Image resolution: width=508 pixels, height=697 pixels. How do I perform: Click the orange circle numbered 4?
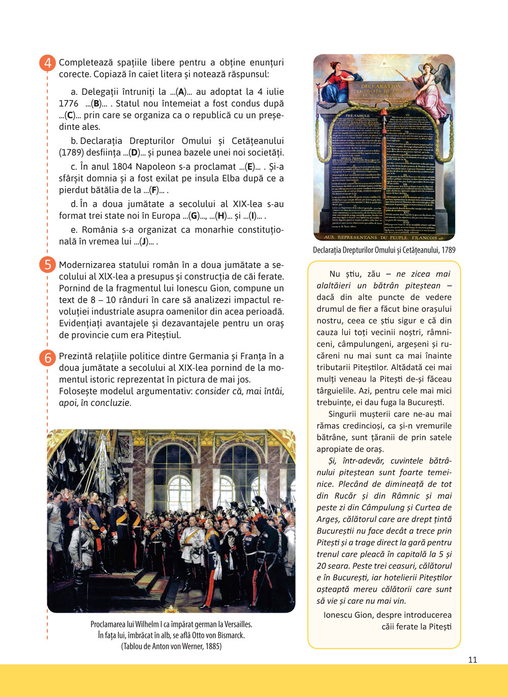(48, 63)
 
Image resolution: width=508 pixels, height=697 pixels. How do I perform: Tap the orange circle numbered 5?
(48, 265)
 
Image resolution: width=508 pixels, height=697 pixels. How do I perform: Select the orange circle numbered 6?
(48, 357)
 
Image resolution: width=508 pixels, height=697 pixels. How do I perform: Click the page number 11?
(472, 659)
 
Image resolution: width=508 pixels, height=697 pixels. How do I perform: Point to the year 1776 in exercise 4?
(69, 104)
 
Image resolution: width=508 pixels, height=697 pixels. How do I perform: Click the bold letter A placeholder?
(180, 92)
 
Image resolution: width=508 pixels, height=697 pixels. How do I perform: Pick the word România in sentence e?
(100, 230)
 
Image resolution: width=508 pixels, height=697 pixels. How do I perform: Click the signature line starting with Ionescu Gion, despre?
(387, 615)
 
